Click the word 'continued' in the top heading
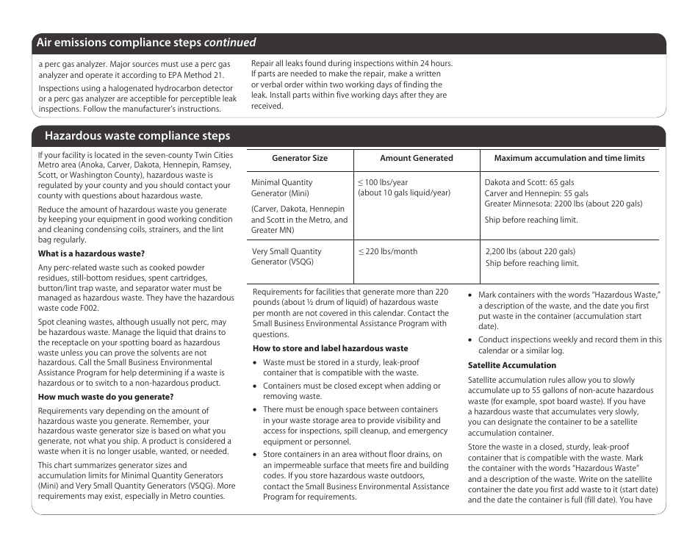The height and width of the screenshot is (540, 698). [x=230, y=43]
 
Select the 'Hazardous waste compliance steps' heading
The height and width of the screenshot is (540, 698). [x=137, y=136]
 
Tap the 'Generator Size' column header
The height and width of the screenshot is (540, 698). [x=300, y=158]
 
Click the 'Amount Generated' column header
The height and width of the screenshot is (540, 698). [x=416, y=158]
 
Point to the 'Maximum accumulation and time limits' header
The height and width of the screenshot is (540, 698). [x=569, y=158]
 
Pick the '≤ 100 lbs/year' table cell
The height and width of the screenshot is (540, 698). [x=383, y=182]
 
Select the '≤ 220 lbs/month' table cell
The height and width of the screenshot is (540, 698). [x=387, y=251]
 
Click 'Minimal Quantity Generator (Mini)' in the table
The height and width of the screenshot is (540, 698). [x=282, y=188]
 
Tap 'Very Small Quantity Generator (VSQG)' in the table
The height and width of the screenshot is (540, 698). [x=287, y=256]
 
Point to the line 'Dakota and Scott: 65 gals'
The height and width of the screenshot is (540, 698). [x=529, y=182]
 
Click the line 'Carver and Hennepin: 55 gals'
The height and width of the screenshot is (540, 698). [x=536, y=193]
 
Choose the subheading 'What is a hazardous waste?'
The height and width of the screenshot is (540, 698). [x=91, y=253]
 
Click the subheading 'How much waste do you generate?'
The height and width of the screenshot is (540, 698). [x=106, y=397]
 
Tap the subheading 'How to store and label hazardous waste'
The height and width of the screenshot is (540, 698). [x=330, y=348]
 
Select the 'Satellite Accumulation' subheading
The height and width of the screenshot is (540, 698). [x=512, y=365]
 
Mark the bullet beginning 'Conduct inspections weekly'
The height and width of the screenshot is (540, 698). [x=569, y=345]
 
